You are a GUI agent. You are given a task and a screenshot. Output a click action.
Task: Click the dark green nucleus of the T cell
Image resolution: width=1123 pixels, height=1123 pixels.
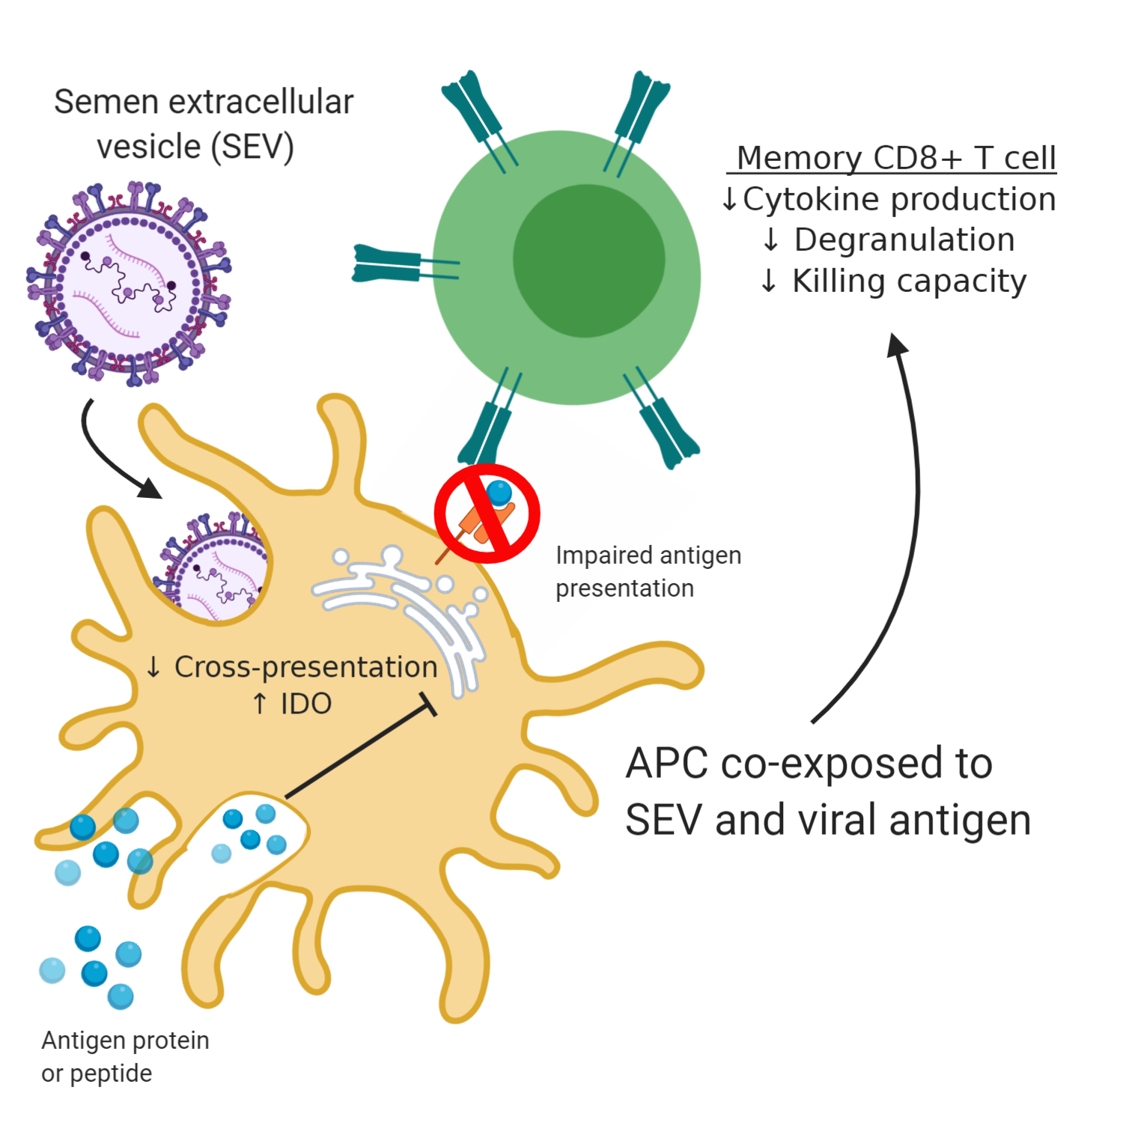tap(588, 261)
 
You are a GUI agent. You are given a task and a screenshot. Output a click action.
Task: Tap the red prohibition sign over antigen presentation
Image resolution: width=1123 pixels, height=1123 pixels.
tap(487, 514)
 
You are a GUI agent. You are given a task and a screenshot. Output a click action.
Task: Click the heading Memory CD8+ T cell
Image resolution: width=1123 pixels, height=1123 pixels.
tap(895, 158)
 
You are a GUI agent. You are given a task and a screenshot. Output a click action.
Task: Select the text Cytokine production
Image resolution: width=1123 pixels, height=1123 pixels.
tap(898, 199)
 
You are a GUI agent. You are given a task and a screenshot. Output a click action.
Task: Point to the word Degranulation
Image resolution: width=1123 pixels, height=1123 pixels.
tap(904, 240)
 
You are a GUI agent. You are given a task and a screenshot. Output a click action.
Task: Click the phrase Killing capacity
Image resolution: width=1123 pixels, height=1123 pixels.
tap(909, 281)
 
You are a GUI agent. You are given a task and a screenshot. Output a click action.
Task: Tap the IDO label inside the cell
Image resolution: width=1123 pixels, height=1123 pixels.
tap(305, 704)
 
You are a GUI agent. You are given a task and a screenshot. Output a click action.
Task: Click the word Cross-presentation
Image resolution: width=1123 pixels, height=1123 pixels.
tap(305, 666)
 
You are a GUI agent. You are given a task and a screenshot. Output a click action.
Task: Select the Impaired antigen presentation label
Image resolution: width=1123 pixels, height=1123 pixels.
tap(648, 571)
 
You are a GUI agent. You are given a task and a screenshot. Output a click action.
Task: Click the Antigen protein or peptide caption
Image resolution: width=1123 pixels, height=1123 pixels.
tap(125, 1056)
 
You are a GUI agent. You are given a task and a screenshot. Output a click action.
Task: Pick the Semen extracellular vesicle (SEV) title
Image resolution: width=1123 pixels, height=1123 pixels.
tap(203, 124)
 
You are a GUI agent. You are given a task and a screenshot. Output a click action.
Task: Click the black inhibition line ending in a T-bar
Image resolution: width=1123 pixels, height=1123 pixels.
tap(359, 749)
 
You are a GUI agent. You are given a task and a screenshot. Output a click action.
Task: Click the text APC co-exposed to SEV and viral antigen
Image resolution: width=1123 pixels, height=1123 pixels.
tap(827, 791)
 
